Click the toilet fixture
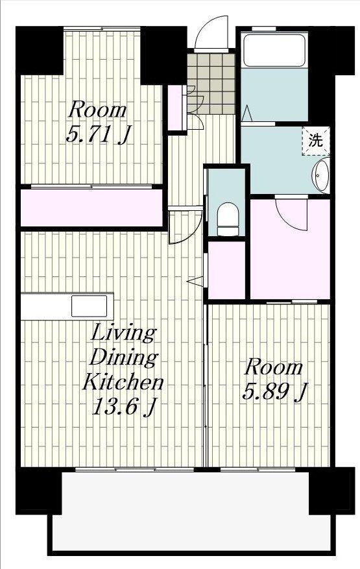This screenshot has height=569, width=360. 228,219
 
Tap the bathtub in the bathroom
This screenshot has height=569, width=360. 274,50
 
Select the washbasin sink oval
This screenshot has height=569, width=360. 321,174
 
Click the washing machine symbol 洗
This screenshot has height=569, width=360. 315,140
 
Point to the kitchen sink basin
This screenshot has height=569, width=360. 89,306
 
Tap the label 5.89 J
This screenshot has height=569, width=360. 275,392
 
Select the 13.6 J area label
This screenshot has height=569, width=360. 124,407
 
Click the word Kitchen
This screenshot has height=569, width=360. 123,382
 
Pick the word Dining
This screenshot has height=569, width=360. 123,357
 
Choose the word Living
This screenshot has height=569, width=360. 123,333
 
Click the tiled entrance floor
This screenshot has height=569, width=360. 211,84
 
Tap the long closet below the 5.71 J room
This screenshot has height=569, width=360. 91,208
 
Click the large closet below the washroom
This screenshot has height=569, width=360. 290,249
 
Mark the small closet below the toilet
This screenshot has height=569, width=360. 226,270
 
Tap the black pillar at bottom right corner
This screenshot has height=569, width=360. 331,490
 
